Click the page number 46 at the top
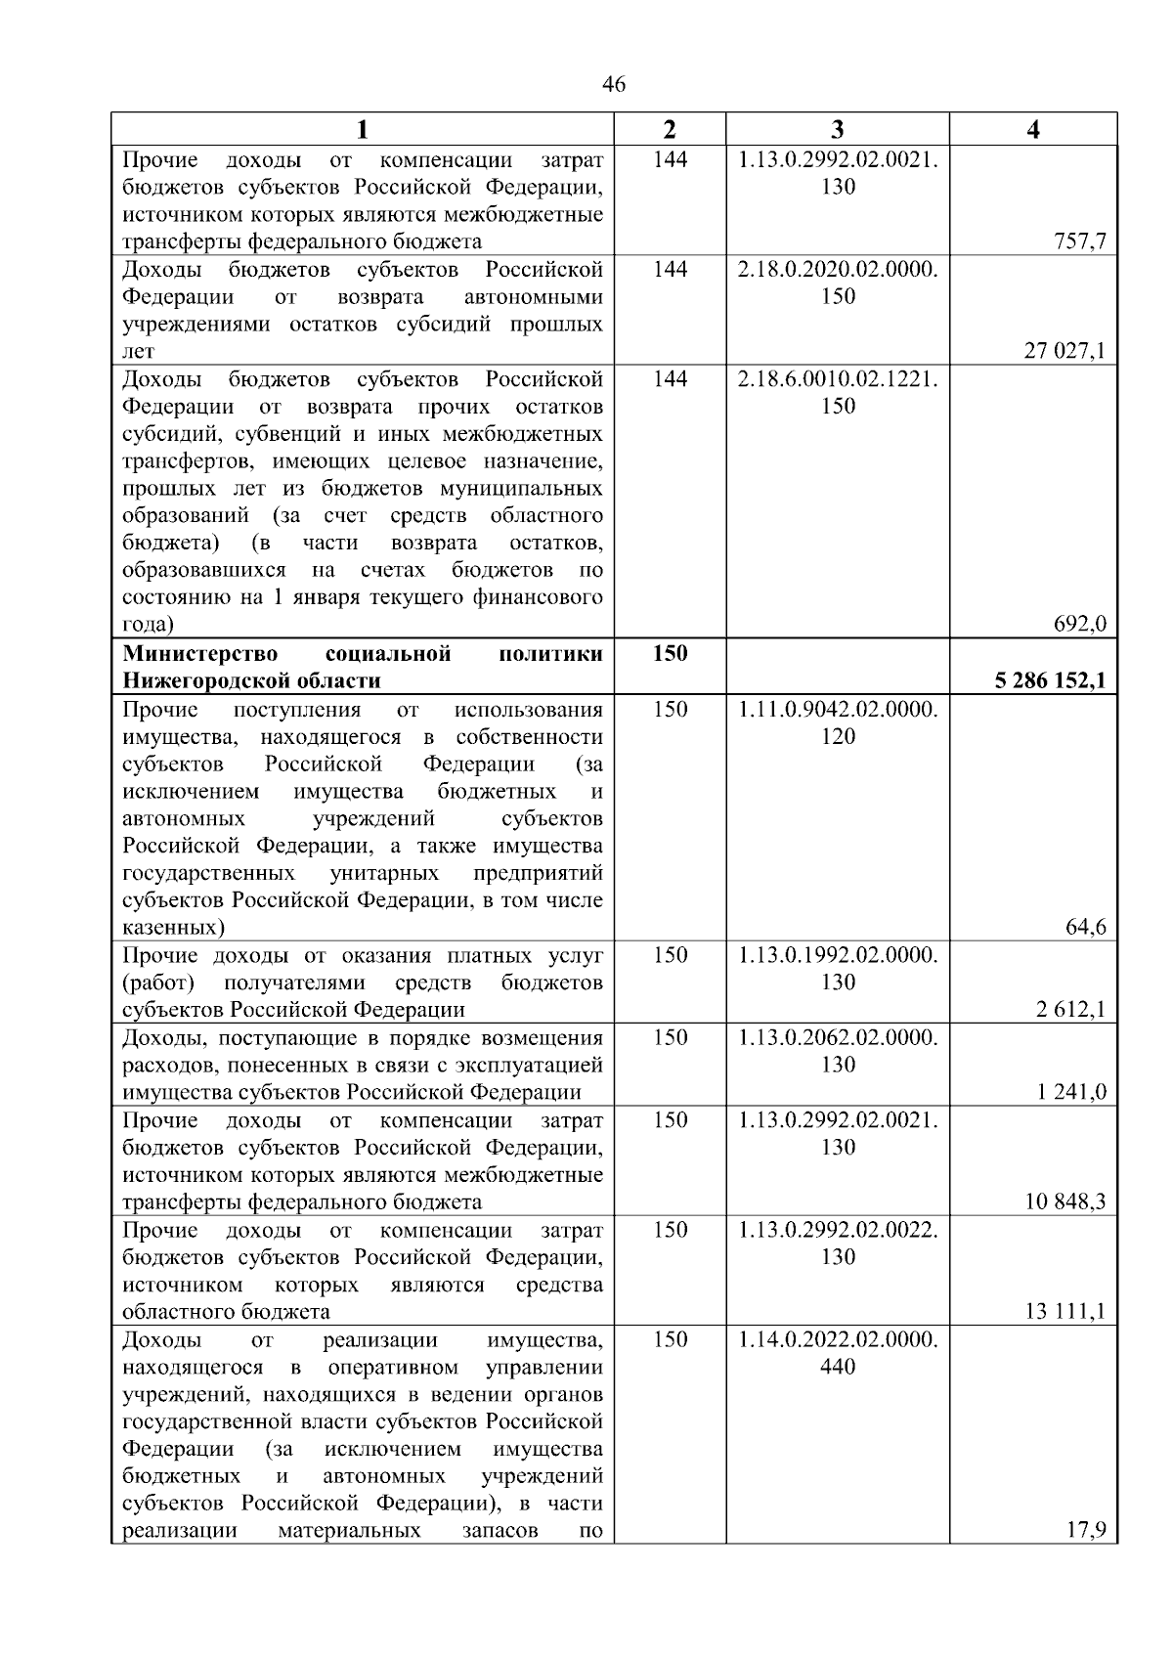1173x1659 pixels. [614, 85]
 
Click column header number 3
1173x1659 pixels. [838, 130]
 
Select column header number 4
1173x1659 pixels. [1033, 130]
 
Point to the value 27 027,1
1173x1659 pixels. [1064, 351]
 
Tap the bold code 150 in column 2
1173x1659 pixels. [670, 653]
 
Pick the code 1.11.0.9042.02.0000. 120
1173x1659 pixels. [838, 722]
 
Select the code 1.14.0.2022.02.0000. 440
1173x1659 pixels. [838, 1352]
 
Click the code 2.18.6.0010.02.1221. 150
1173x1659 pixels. [838, 392]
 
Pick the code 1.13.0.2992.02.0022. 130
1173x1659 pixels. [838, 1243]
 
